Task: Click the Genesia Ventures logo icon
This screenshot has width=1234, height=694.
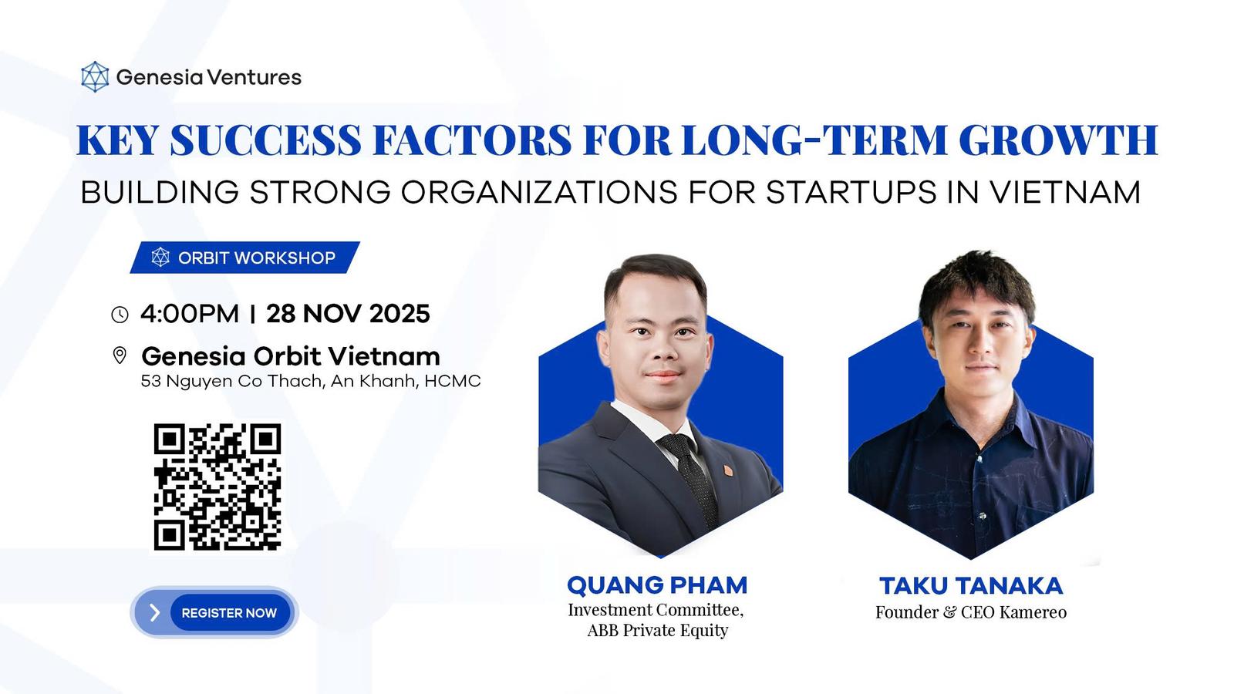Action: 95,76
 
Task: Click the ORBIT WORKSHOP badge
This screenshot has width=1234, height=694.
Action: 245,258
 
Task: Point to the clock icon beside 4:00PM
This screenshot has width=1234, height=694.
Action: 120,315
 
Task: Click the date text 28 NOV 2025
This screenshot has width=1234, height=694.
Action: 348,314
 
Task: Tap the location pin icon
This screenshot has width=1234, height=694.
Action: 120,355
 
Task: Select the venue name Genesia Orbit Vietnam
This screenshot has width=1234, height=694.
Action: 291,356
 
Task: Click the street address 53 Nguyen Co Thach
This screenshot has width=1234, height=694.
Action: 231,381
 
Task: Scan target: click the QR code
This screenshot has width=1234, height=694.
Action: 217,487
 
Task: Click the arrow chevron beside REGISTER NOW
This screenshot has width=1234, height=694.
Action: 155,612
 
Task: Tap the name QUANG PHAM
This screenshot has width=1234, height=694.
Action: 657,585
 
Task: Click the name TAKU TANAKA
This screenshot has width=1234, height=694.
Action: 971,586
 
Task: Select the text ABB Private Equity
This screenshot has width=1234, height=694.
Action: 658,630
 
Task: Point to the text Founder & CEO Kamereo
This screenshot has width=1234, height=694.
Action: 971,612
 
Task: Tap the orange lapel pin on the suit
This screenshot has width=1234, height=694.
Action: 727,470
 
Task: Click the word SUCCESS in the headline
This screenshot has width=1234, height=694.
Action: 265,140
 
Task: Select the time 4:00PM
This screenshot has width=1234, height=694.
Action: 190,314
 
